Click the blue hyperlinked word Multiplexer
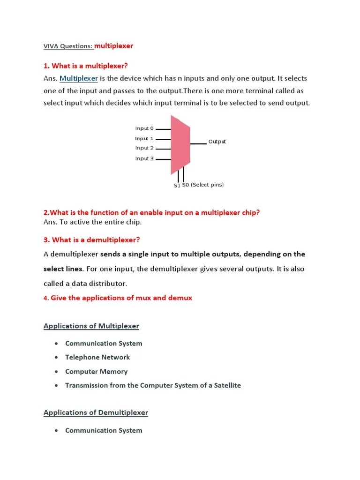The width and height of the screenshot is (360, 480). click(x=79, y=78)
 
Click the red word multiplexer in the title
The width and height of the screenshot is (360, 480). click(x=113, y=46)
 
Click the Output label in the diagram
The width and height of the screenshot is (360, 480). click(x=217, y=142)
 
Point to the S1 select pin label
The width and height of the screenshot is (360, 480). click(x=177, y=186)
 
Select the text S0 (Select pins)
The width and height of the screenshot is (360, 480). click(x=203, y=185)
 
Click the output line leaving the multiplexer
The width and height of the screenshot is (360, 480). click(x=198, y=143)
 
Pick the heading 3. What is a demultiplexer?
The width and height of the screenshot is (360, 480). click(x=92, y=240)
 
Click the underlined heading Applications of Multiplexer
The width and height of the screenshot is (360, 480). click(x=91, y=326)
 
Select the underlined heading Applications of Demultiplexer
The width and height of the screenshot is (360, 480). click(x=96, y=412)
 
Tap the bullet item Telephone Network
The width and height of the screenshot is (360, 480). click(x=97, y=357)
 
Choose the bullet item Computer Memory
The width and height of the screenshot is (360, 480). click(x=96, y=371)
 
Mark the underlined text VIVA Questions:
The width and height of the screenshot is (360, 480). click(x=68, y=46)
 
